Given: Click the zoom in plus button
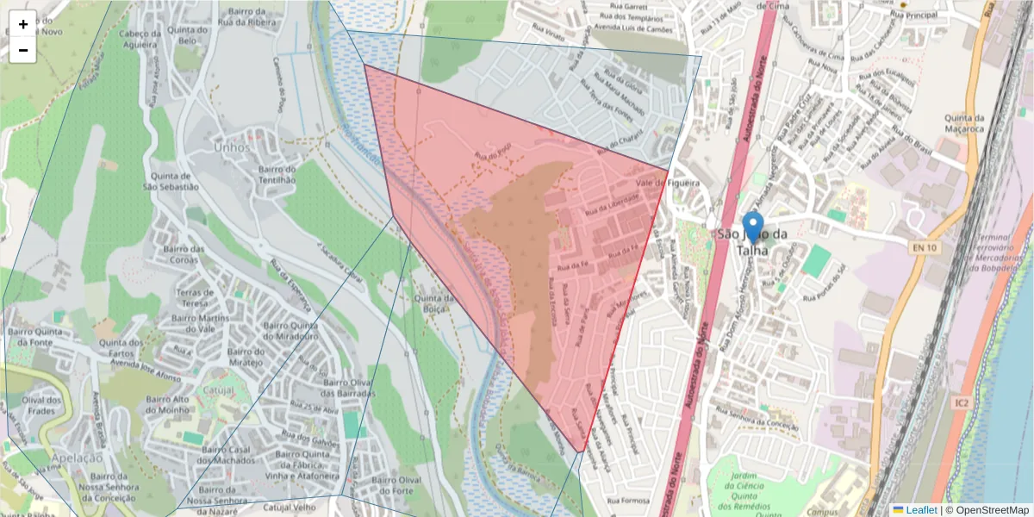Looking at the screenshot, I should (x=23, y=24).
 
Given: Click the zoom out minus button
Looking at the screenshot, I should (x=23, y=50).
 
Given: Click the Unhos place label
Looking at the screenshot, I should (x=231, y=147).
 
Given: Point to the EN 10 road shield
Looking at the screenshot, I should (x=924, y=248).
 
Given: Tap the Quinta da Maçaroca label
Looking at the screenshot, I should (x=964, y=123).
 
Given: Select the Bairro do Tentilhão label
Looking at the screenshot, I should (x=277, y=174).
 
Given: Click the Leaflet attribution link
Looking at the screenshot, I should (x=914, y=510).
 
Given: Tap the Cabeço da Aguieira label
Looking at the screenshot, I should (x=140, y=40).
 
